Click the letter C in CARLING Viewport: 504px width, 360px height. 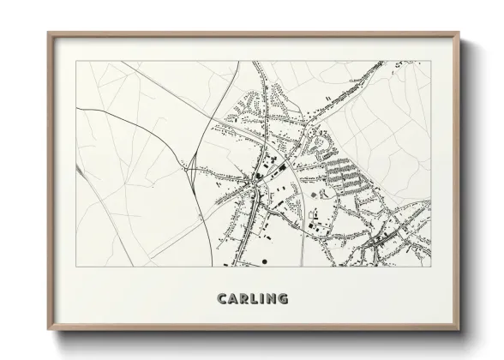pyautogui.click(x=222, y=299)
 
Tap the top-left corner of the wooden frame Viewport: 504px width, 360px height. pyautogui.click(x=48, y=33)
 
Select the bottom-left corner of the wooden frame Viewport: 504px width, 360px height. pyautogui.click(x=48, y=328)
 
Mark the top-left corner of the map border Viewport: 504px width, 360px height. pyautogui.click(x=76, y=62)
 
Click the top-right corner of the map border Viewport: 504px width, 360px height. pyautogui.click(x=430, y=62)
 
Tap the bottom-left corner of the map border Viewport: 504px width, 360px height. pyautogui.click(x=76, y=267)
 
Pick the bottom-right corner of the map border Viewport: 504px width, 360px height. pyautogui.click(x=430, y=267)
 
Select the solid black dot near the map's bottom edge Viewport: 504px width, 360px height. pyautogui.click(x=268, y=261)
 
